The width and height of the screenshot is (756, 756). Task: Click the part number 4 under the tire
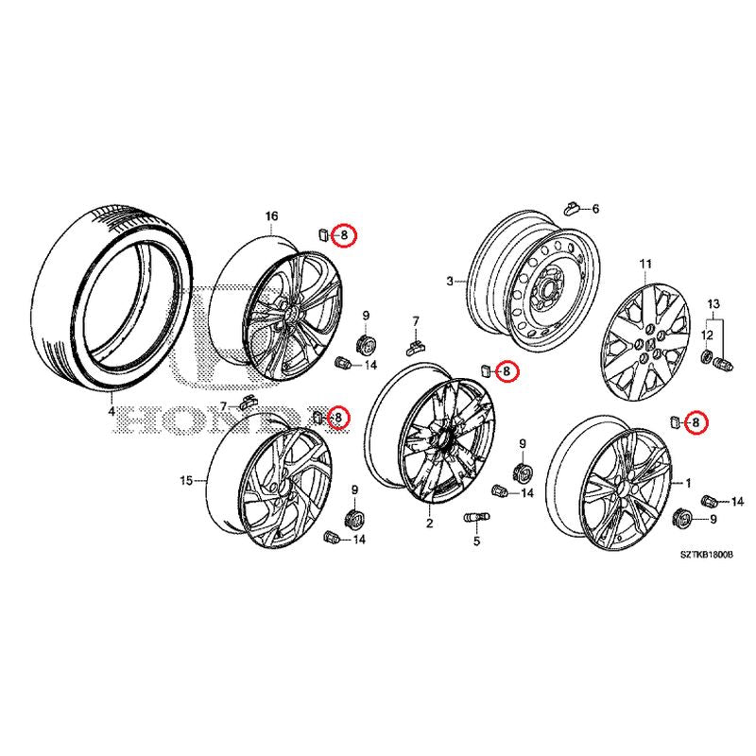click(111, 411)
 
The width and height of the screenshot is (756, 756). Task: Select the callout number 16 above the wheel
click(271, 216)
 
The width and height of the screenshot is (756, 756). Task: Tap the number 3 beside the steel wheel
click(451, 281)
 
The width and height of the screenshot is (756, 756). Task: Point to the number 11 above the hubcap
click(645, 263)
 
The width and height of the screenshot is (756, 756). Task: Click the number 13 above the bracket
click(713, 302)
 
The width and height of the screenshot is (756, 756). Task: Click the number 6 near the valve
click(594, 208)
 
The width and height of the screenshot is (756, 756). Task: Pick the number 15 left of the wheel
click(186, 480)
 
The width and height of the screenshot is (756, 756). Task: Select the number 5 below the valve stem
click(476, 541)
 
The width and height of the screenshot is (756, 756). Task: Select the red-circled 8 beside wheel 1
click(696, 422)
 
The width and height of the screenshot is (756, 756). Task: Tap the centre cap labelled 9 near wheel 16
click(366, 340)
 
